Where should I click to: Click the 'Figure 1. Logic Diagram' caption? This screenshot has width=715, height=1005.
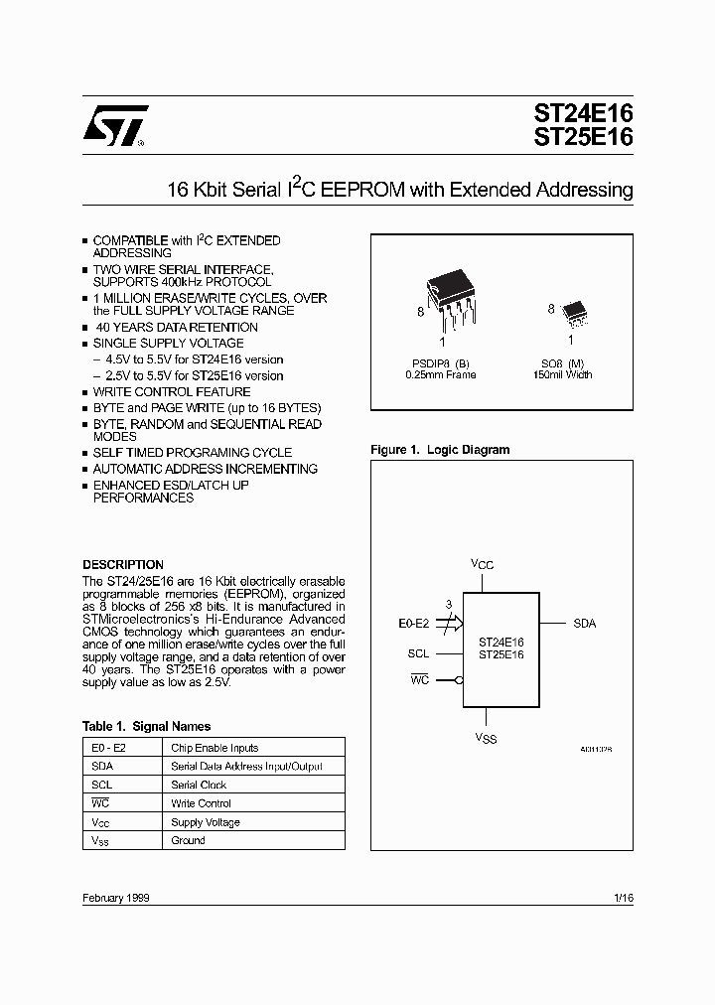point(440,450)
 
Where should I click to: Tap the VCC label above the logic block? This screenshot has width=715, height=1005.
point(482,564)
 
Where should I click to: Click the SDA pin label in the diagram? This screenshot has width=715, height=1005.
point(585,624)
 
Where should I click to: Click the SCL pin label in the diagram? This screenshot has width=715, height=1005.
point(418,653)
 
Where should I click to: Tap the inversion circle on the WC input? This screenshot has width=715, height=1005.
point(459,680)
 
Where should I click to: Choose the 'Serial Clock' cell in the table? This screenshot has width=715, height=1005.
point(199,785)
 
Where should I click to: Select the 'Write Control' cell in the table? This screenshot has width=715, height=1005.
point(201,803)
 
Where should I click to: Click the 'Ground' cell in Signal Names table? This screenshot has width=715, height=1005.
point(188,840)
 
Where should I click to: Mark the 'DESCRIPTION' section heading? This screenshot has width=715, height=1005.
point(122,564)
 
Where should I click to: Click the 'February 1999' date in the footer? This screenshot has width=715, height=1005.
point(115,897)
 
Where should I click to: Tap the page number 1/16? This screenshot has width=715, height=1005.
point(624,897)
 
